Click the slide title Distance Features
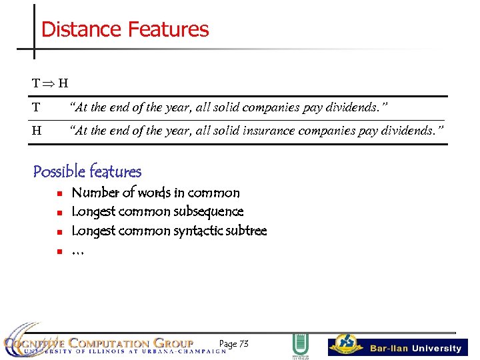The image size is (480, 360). pos(125,29)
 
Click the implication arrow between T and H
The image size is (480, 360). pos(49,83)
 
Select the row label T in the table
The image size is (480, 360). pos(36,107)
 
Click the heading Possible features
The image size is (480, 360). pos(87,171)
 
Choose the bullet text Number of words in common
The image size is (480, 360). pos(155,193)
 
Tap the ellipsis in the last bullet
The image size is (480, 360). pos(78,251)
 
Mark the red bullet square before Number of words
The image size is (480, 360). pos(59,193)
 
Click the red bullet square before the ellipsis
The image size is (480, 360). pos(59,251)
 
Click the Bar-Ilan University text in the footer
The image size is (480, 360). pos(415,348)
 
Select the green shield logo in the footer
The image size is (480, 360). pos(300,345)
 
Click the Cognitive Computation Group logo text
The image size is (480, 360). pos(100,344)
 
